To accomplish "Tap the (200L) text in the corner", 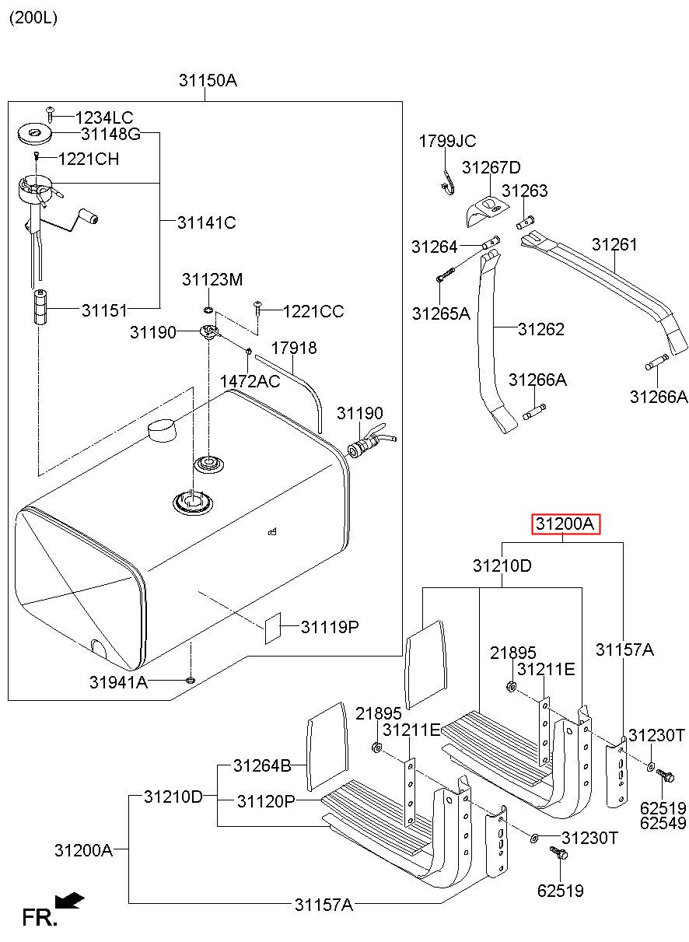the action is pyautogui.click(x=33, y=18).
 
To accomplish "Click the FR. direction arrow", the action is pyautogui.click(x=69, y=900).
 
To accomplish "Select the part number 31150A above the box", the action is pyautogui.click(x=208, y=80).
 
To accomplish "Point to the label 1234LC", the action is pyautogui.click(x=104, y=117).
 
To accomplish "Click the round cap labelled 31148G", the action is pyautogui.click(x=34, y=133).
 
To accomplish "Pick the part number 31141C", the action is pyautogui.click(x=206, y=222).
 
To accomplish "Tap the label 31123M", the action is pyautogui.click(x=212, y=279).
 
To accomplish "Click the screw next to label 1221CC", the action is pyautogui.click(x=257, y=308).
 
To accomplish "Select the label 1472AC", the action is pyautogui.click(x=250, y=381).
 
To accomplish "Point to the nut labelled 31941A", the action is pyautogui.click(x=190, y=680).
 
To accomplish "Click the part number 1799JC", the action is pyautogui.click(x=447, y=142).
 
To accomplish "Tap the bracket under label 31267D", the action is pyautogui.click(x=487, y=211).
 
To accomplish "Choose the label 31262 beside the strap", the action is pyautogui.click(x=540, y=329).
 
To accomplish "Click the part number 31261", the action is pyautogui.click(x=614, y=244).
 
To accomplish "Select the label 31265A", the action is pyautogui.click(x=441, y=313).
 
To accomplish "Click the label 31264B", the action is pyautogui.click(x=262, y=765).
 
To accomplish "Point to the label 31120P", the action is pyautogui.click(x=266, y=801).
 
